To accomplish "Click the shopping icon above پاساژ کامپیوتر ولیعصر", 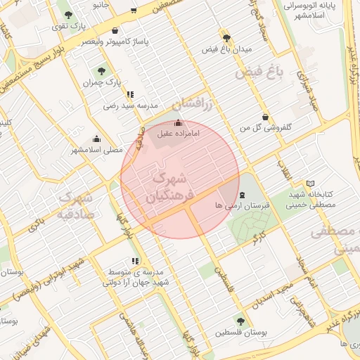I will click(115, 31).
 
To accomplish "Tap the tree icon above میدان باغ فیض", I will click(226, 37).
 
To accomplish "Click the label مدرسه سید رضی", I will click(129, 105).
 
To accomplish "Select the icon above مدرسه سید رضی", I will click(129, 94).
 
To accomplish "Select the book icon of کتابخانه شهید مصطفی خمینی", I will click(311, 184).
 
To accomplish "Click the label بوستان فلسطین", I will click(240, 332).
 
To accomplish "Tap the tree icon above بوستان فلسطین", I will click(240, 321).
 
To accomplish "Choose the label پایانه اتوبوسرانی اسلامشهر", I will click(314, 10).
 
